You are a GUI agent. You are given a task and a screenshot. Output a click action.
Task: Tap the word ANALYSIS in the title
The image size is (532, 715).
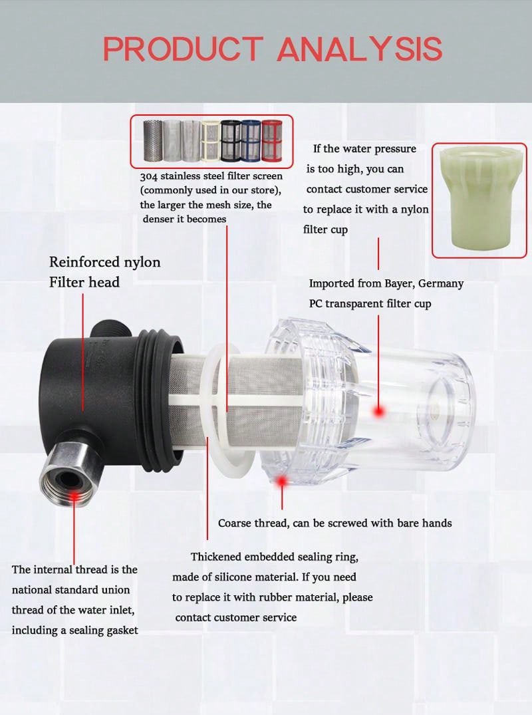tap(360, 49)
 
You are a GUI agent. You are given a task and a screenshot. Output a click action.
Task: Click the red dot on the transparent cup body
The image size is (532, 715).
tap(379, 412)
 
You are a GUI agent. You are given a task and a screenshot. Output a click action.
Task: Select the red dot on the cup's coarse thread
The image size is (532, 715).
tap(282, 480)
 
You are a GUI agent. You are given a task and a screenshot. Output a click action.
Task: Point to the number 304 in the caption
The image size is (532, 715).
tap(149, 176)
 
